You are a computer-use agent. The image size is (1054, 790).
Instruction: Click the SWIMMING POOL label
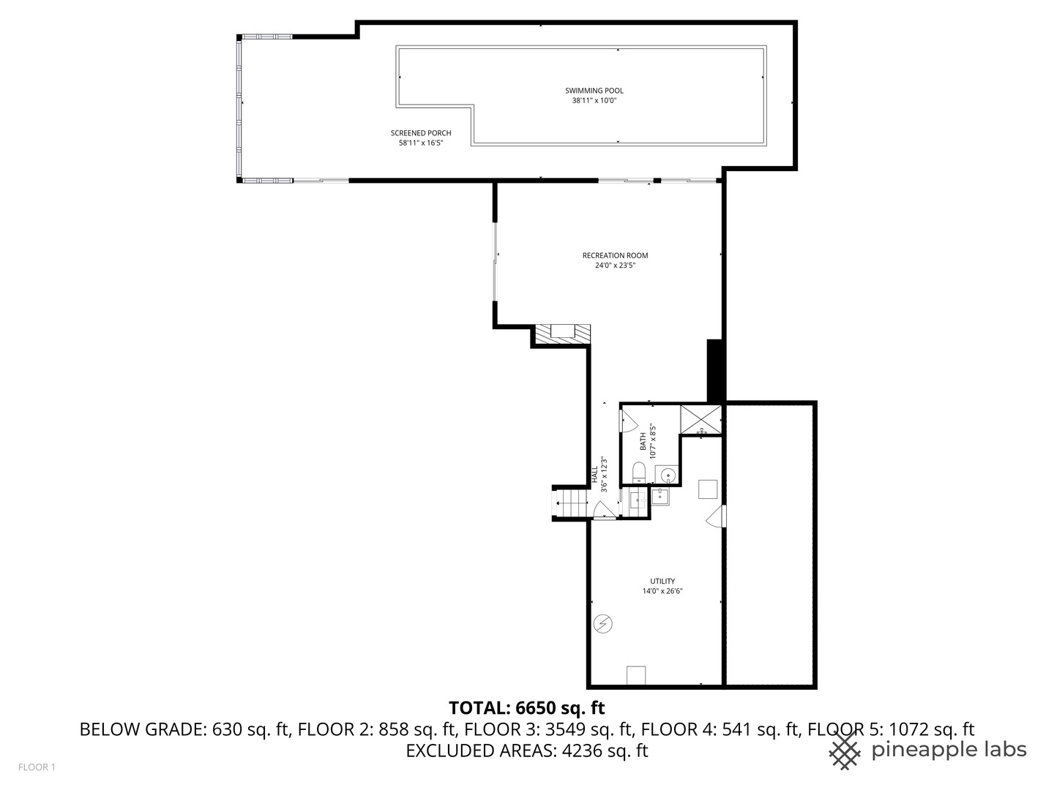pos(594,91)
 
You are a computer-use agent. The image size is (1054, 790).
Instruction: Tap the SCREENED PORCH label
pos(421,133)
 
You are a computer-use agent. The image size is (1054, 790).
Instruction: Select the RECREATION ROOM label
pos(615,255)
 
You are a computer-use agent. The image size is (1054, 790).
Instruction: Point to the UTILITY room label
pos(662,582)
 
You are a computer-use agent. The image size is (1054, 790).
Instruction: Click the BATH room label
pos(643,442)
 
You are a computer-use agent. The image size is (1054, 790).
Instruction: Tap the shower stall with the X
pos(700,419)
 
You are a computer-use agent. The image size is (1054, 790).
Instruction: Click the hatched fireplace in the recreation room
pos(562,334)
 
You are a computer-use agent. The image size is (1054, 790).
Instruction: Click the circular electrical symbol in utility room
pos(604,623)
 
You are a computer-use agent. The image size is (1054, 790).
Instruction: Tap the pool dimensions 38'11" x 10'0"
pos(594,101)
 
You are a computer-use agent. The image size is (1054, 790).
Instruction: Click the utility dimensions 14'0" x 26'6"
pos(662,591)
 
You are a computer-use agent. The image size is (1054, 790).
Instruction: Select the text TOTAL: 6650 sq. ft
pos(526,707)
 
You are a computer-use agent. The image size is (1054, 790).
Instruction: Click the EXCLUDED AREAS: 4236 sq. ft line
pos(526,750)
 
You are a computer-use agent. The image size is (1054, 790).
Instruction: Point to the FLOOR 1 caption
pos(37,767)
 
